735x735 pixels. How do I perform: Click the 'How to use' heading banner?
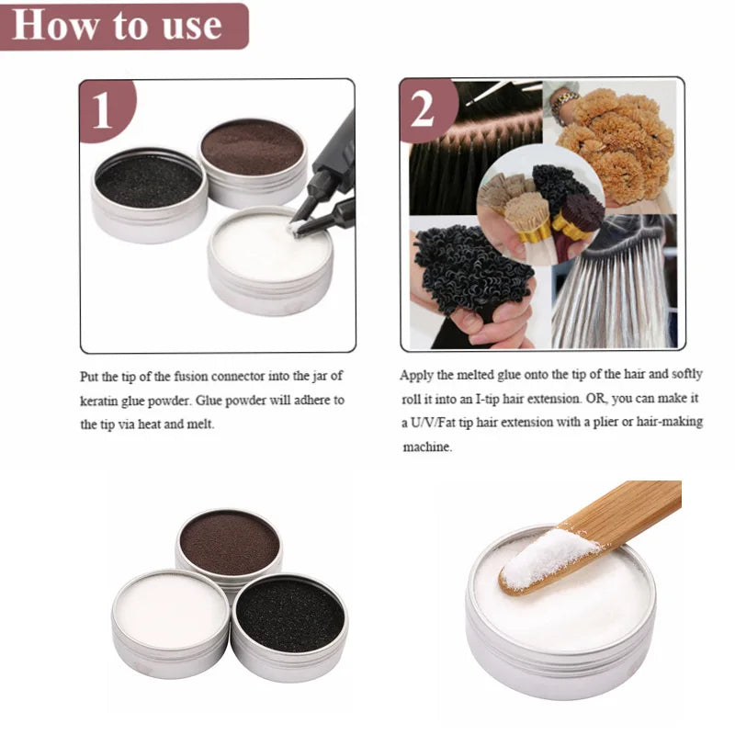(124, 26)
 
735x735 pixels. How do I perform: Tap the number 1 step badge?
(107, 109)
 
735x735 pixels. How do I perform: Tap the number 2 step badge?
(427, 110)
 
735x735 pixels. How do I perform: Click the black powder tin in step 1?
(149, 195)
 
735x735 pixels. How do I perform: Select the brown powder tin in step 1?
(254, 162)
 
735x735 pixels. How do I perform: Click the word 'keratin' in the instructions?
(99, 401)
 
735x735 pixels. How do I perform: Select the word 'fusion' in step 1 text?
(191, 377)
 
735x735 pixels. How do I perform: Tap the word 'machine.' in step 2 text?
(427, 447)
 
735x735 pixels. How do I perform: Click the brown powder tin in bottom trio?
(229, 547)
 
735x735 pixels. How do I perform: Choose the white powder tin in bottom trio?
(171, 624)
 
